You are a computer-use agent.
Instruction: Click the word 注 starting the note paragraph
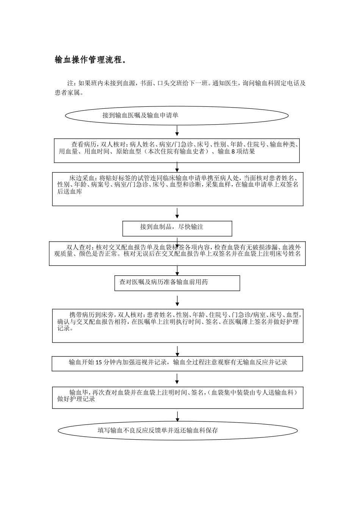click(70, 83)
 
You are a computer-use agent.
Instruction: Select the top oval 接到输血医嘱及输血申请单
click(177, 115)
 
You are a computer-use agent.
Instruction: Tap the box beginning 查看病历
click(177, 150)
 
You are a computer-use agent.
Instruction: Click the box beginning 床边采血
click(177, 189)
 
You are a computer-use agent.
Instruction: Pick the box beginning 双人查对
click(177, 253)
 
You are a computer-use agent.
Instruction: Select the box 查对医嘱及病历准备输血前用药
click(177, 283)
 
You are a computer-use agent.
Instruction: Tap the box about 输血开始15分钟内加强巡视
click(177, 363)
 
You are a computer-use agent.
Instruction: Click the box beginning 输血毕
click(177, 397)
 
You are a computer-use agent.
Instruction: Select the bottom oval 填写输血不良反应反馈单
click(177, 431)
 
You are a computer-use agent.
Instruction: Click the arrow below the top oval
click(177, 131)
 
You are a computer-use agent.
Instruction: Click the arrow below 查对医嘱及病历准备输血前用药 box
click(177, 301)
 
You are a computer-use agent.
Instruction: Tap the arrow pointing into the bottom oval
click(177, 417)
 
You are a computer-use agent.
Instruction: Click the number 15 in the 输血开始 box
click(98, 362)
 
